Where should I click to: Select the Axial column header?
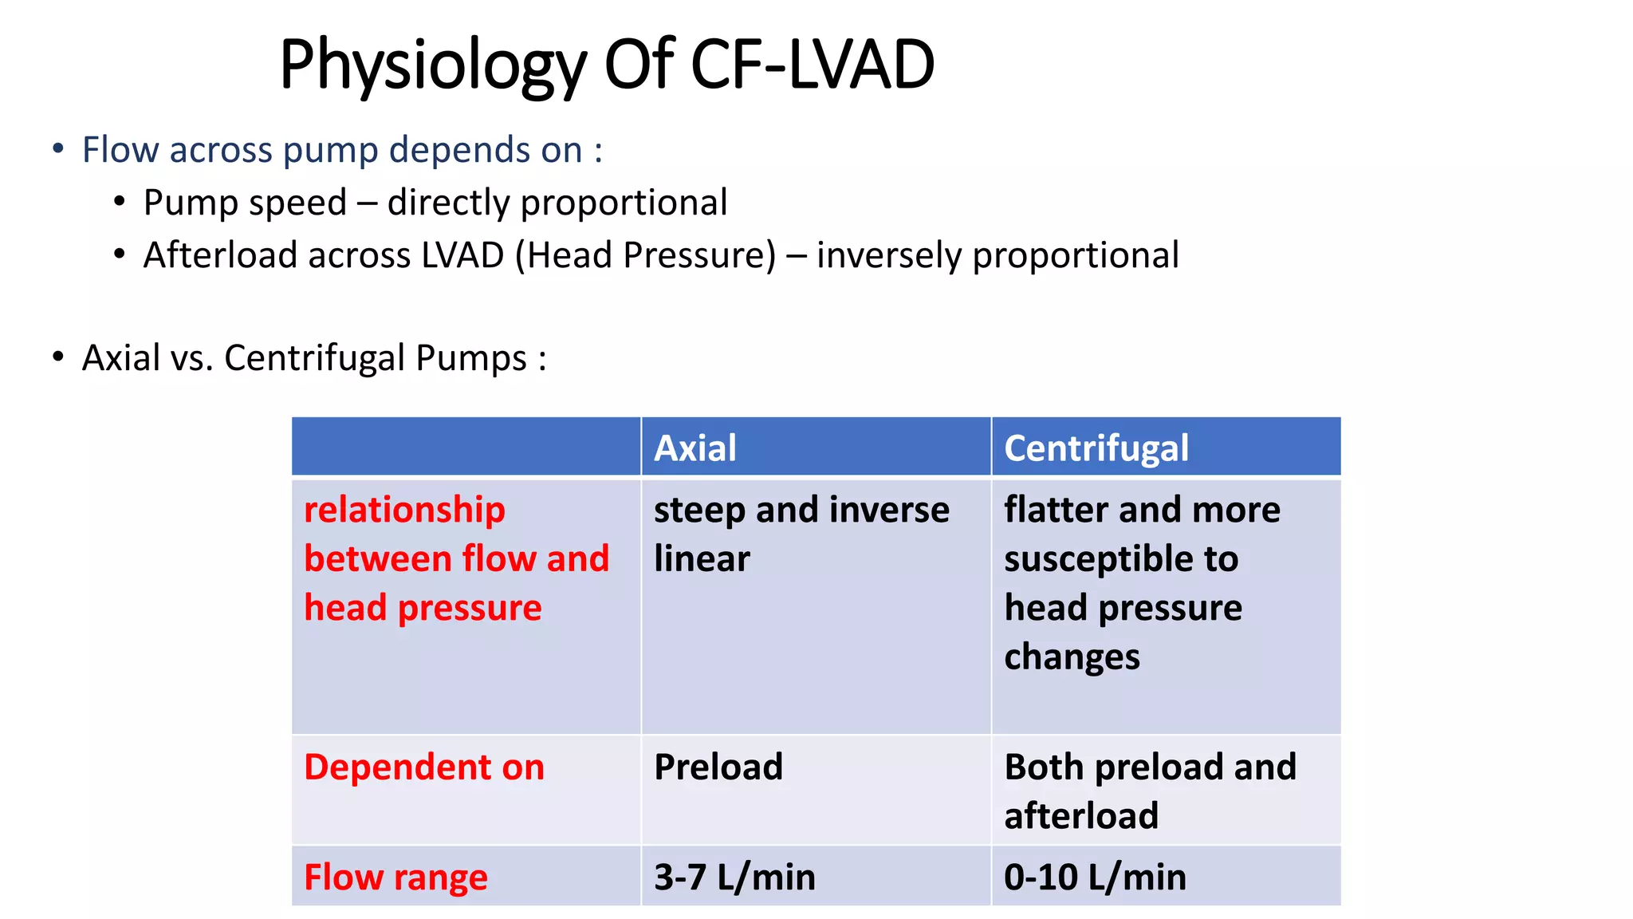695,448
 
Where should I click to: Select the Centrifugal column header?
1096,448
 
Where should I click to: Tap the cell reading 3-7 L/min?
734,877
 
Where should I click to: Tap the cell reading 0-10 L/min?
1094,877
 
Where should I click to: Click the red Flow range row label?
395,877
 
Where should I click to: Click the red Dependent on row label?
423,767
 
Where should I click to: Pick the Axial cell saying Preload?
718,767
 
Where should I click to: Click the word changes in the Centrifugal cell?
1071,657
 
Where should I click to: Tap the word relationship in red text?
404,510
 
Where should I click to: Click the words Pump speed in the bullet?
245,203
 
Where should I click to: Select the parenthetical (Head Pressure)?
645,255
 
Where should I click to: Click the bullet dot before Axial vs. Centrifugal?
58,357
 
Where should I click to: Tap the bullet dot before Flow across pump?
58,148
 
